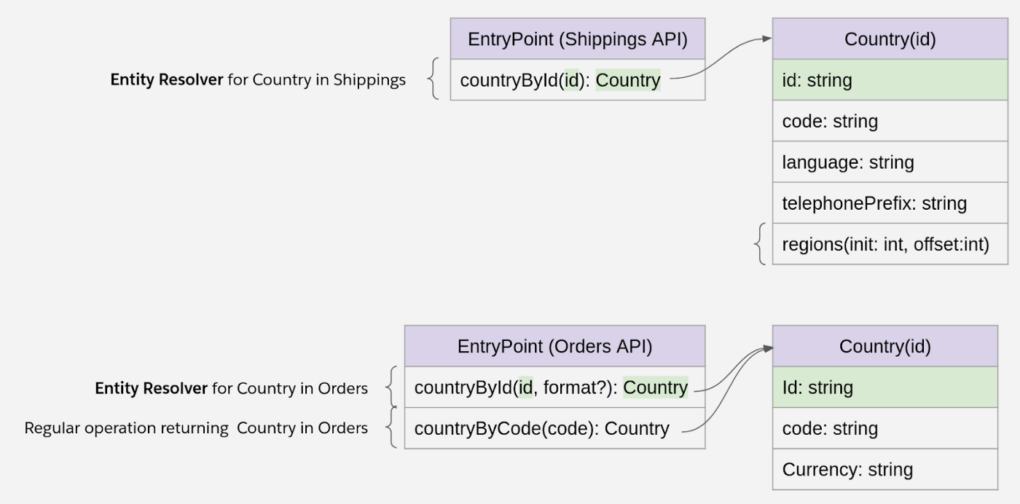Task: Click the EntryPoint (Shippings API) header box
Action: tap(577, 39)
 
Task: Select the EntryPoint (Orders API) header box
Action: tap(554, 347)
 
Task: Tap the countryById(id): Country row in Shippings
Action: tap(577, 80)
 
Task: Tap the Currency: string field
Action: tap(884, 470)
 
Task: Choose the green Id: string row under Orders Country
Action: tap(884, 388)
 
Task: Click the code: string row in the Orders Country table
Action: tap(884, 429)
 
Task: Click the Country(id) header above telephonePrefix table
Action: tap(890, 39)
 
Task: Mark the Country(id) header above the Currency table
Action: tap(884, 347)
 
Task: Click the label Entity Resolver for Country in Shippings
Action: tap(258, 80)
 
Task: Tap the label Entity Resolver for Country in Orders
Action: tap(231, 389)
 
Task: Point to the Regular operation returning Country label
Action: tap(196, 428)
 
